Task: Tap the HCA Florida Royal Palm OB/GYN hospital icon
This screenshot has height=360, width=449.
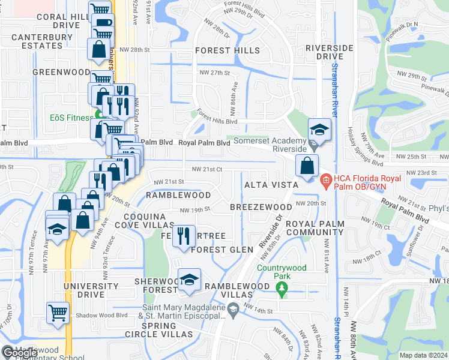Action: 325,179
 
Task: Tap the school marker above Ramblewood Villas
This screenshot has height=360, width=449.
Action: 189,280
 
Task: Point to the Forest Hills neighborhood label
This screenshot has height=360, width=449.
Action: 227,50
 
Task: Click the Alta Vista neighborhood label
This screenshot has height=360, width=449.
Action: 268,186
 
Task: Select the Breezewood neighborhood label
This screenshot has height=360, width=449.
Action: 261,206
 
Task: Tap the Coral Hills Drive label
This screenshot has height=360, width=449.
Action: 58,21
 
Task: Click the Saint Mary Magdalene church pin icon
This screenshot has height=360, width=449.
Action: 234,309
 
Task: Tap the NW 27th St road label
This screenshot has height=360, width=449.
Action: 215,73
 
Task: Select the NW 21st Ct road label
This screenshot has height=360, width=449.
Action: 207,170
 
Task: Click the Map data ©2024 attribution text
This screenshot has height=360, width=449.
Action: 423,355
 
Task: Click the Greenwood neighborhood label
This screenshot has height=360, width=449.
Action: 61,72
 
